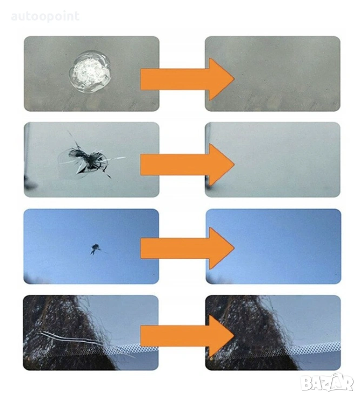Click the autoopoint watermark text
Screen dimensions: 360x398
[x=45, y=17]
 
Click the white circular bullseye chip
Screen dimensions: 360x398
[x=90, y=72]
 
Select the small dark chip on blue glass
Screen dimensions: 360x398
[x=96, y=248]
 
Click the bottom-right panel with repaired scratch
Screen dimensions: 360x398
[x=273, y=333]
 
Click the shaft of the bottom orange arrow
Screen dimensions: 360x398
[x=175, y=335]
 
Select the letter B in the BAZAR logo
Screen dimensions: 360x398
[x=306, y=383]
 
